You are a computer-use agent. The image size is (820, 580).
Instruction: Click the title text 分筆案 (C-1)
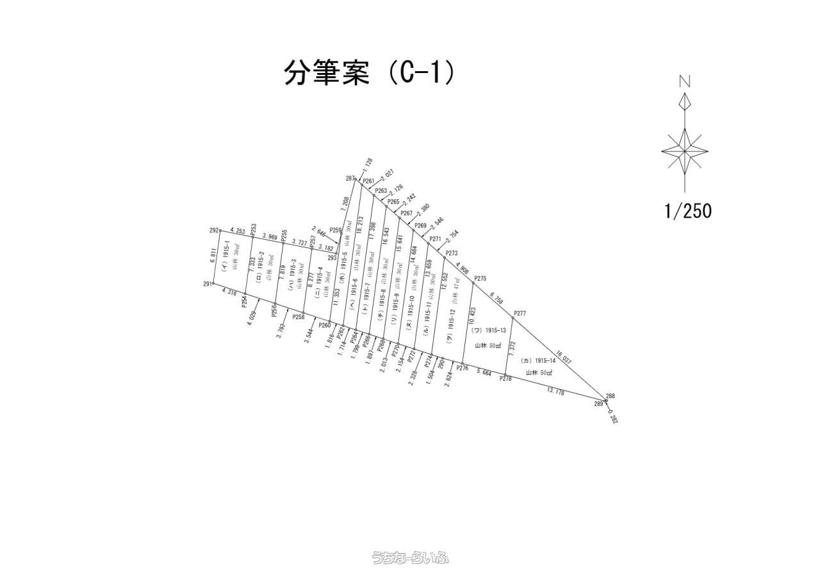[x=370, y=73]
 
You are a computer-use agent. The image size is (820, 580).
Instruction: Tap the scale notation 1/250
[x=687, y=210]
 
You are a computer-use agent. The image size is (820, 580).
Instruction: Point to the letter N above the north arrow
[x=685, y=81]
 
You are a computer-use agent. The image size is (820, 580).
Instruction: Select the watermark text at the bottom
[x=410, y=558]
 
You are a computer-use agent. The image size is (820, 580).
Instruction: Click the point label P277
[x=519, y=313]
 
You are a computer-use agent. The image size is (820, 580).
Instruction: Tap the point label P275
[x=480, y=278]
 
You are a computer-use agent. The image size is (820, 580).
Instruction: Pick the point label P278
[x=505, y=379]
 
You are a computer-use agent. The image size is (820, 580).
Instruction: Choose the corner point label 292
[x=214, y=230]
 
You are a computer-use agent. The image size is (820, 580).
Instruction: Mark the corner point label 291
[x=208, y=284]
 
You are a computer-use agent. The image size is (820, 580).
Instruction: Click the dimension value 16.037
[x=563, y=357]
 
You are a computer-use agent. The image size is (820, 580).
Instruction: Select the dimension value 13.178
[x=555, y=391]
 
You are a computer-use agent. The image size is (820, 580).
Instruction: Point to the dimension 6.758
[x=497, y=299]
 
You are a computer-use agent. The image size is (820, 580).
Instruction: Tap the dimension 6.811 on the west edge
[x=213, y=256]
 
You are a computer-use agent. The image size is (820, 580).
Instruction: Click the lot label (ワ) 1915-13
[x=489, y=331]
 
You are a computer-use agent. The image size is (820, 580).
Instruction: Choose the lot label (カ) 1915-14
[x=538, y=361]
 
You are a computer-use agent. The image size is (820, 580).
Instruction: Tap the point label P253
[x=254, y=228]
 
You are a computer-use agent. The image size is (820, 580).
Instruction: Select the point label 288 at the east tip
[x=610, y=396]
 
